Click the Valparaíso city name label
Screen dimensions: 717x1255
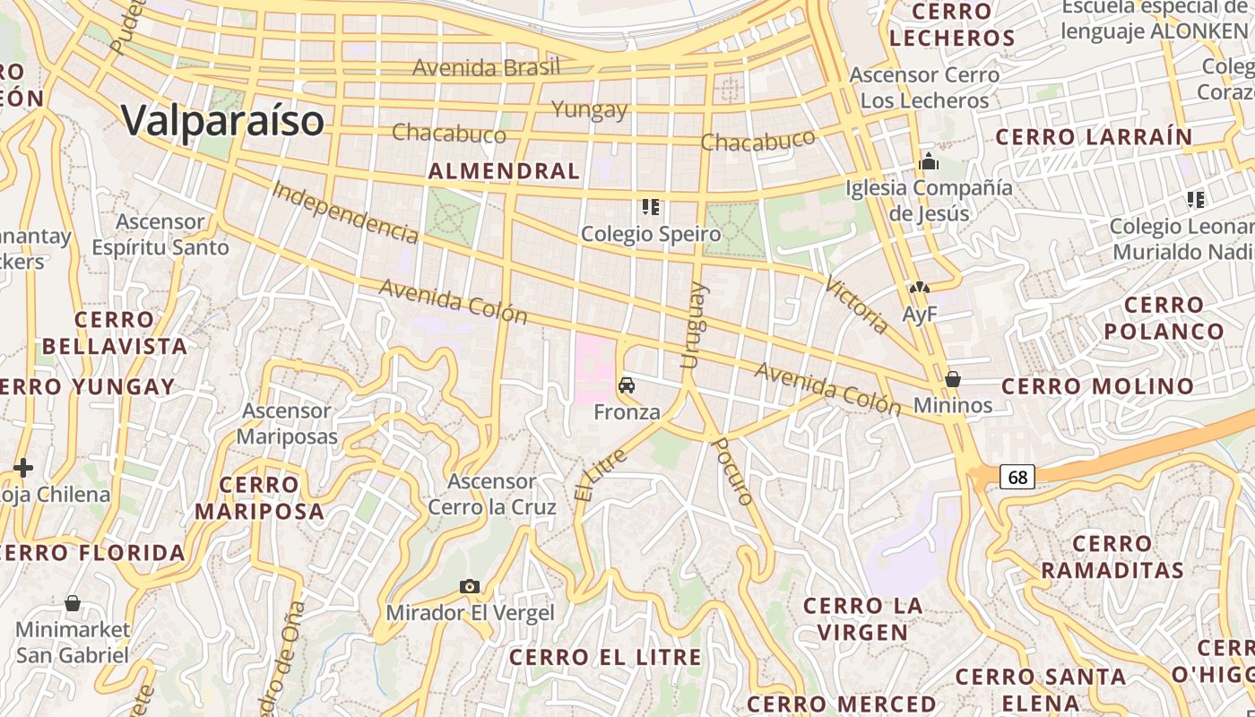pos(222,119)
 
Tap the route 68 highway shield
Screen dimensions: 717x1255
pos(1017,477)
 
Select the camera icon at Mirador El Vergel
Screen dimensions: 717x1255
pos(470,587)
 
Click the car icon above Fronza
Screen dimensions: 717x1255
pos(627,385)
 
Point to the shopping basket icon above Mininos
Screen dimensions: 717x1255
pos(953,379)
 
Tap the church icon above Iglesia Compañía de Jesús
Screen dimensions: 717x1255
pos(929,162)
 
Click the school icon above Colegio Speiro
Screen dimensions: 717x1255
pos(651,207)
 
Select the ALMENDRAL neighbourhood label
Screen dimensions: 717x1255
pos(504,171)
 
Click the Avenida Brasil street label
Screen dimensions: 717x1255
pos(486,67)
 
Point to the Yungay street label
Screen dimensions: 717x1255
pos(589,109)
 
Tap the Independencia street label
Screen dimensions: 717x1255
pos(345,212)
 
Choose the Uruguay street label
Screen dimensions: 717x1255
pos(693,325)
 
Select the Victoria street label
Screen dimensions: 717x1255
pos(856,306)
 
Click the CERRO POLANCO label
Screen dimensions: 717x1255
pos(1164,318)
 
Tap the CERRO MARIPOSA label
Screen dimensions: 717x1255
pos(259,498)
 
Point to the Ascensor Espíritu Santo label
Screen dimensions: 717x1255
pos(160,234)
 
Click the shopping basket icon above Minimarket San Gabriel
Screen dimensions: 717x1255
pos(73,603)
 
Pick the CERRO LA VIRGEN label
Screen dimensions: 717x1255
pos(862,618)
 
